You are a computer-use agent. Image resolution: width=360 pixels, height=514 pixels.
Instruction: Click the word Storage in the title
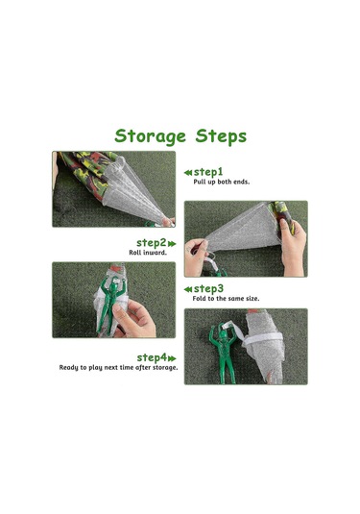pyautogui.click(x=151, y=136)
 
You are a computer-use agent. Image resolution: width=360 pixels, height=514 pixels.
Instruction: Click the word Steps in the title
pyautogui.click(x=221, y=136)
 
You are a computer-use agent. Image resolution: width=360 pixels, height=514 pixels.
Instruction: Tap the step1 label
pyautogui.click(x=208, y=172)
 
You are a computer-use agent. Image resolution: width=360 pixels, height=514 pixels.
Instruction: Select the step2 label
pyautogui.click(x=152, y=243)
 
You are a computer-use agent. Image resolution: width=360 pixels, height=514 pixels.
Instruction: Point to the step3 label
pyautogui.click(x=208, y=288)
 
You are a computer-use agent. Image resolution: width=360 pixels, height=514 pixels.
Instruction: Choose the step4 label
pyautogui.click(x=152, y=357)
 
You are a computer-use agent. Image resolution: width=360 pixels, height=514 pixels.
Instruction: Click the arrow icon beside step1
pyautogui.click(x=188, y=172)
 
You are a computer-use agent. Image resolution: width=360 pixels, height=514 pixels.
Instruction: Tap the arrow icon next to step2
pyautogui.click(x=172, y=244)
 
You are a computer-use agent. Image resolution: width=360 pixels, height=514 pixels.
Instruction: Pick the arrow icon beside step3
pyautogui.click(x=188, y=289)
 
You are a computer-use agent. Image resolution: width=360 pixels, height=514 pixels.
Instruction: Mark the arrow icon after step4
pyautogui.click(x=172, y=358)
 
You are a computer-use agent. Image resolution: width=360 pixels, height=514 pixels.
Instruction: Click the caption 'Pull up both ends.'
pyautogui.click(x=222, y=182)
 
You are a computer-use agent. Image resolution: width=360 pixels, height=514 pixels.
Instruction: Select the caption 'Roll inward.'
pyautogui.click(x=148, y=253)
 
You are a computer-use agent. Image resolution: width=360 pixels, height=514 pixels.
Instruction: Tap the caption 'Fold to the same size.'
pyautogui.click(x=226, y=298)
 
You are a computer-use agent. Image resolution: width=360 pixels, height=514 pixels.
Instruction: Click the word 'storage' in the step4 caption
pyautogui.click(x=165, y=367)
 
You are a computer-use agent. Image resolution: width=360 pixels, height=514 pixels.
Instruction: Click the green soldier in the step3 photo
pyautogui.click(x=109, y=303)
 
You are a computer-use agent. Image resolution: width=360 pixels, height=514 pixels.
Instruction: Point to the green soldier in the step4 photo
pyautogui.click(x=223, y=352)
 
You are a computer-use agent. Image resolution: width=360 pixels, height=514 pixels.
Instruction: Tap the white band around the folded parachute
pyautogui.click(x=262, y=339)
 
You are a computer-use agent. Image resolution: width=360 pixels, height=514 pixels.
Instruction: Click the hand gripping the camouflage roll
pyautogui.click(x=294, y=246)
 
